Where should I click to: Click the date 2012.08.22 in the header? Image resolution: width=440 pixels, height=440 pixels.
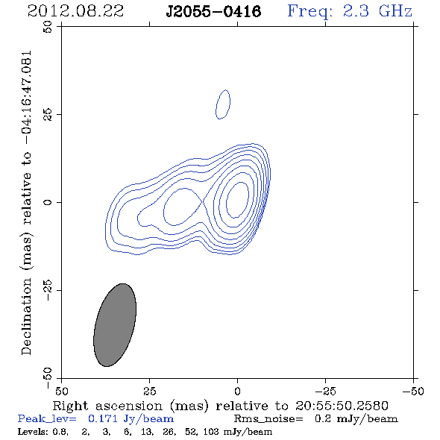pyautogui.click(x=75, y=11)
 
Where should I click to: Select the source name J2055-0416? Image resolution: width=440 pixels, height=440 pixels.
pyautogui.click(x=213, y=12)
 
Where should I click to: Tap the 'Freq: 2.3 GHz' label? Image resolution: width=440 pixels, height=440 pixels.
pyautogui.click(x=350, y=12)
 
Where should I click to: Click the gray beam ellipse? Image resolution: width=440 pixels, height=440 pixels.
pyautogui.click(x=115, y=325)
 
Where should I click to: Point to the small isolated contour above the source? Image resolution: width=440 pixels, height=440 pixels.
pyautogui.click(x=223, y=104)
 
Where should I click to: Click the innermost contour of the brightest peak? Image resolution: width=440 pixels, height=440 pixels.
pyautogui.click(x=237, y=200)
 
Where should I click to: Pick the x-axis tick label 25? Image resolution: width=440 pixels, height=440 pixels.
pyautogui.click(x=149, y=391)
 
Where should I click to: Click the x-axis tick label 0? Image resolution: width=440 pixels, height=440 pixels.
pyautogui.click(x=237, y=391)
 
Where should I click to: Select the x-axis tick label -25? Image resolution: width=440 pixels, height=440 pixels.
pyautogui.click(x=325, y=391)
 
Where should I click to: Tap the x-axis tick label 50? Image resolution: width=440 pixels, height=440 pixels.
pyautogui.click(x=61, y=391)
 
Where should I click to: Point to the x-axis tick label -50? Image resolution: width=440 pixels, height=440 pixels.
pyautogui.click(x=413, y=391)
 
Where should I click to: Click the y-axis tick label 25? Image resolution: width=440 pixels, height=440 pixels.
pyautogui.click(x=48, y=115)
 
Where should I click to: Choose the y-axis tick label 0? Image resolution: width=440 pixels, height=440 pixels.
pyautogui.click(x=48, y=202)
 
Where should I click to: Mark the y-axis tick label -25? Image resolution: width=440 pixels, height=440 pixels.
pyautogui.click(x=48, y=290)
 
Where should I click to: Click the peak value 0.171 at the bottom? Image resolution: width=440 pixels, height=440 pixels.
pyautogui.click(x=103, y=418)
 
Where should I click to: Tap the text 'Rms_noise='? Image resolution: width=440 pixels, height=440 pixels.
pyautogui.click(x=268, y=419)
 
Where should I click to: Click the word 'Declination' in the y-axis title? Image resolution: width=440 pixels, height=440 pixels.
pyautogui.click(x=26, y=316)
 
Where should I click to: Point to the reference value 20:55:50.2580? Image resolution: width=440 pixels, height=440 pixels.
pyautogui.click(x=342, y=406)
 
